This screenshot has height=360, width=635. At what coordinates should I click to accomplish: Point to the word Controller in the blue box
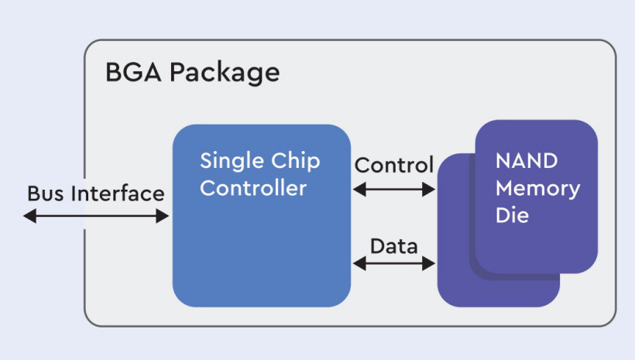(253, 188)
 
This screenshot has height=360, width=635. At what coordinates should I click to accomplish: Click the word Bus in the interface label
(45, 194)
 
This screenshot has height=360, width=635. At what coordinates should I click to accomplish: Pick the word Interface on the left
(118, 194)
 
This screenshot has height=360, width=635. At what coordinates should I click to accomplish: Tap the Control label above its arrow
(393, 165)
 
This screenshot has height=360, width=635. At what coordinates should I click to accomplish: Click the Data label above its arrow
(393, 247)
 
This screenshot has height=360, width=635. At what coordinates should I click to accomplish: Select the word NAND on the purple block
(527, 162)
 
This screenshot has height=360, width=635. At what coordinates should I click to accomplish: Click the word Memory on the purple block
(538, 188)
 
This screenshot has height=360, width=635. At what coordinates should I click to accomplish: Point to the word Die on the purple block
(513, 214)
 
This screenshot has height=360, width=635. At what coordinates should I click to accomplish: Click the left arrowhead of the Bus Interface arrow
(29, 217)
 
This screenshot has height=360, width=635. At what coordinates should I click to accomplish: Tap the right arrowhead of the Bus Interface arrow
(163, 217)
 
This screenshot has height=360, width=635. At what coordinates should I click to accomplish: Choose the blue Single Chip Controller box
(261, 248)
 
